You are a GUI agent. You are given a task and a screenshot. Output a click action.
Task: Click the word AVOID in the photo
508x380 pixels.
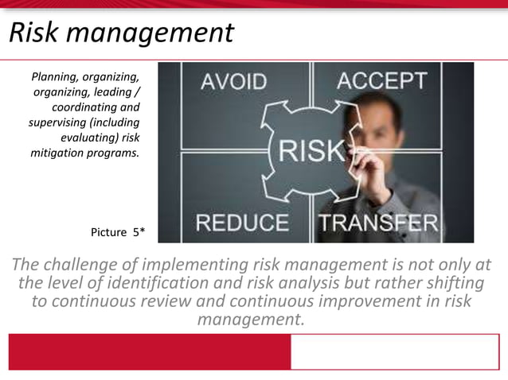pos(233,81)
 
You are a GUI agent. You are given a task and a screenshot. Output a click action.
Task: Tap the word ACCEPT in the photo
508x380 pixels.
pos(381,80)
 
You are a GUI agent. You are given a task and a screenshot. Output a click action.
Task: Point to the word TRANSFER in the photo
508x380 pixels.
pos(379,222)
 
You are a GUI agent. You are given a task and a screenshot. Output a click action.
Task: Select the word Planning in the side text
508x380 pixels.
pos(57,77)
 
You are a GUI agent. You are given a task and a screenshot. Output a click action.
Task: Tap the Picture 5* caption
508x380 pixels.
pos(118,232)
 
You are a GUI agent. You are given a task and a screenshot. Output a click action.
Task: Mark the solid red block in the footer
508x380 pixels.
pos(149,351)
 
